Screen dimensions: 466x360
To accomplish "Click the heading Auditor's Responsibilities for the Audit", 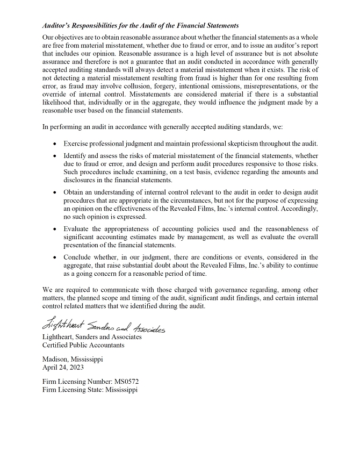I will [140, 26].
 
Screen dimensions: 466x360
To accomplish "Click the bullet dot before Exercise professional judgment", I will [56, 144].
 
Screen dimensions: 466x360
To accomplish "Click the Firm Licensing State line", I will [90, 390].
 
